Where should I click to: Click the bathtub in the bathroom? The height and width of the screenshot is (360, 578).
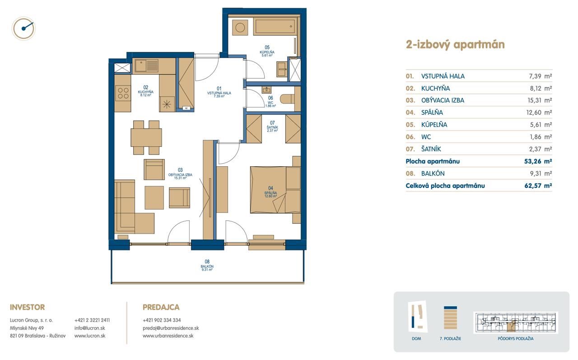(x=275, y=26)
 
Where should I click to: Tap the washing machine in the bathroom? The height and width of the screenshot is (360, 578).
(x=240, y=28)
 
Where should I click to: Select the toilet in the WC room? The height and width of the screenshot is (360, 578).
(x=288, y=99)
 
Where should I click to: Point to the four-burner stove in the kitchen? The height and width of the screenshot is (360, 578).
(x=123, y=93)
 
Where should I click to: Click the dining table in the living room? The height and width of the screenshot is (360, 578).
(x=146, y=138)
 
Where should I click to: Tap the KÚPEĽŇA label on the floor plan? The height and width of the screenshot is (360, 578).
(x=267, y=52)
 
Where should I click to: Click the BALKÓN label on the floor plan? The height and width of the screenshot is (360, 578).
(x=207, y=266)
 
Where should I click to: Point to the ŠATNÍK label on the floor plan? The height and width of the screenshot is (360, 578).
(x=272, y=127)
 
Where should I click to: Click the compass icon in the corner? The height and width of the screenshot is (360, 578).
(x=24, y=28)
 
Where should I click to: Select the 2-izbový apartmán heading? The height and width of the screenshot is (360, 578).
(x=455, y=45)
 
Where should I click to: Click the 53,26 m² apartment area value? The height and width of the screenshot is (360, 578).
(x=538, y=161)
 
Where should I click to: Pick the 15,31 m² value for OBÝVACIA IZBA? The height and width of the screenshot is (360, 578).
(x=540, y=100)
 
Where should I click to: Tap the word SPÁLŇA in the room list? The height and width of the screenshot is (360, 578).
(x=432, y=112)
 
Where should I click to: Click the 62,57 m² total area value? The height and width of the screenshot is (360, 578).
(x=538, y=186)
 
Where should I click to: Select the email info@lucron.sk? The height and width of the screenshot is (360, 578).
(x=90, y=328)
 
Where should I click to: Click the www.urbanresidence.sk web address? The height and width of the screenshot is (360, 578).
(x=168, y=336)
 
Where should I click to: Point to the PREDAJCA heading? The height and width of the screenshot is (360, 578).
(x=161, y=307)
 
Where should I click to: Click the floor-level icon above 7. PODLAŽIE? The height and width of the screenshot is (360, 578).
(x=450, y=318)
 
